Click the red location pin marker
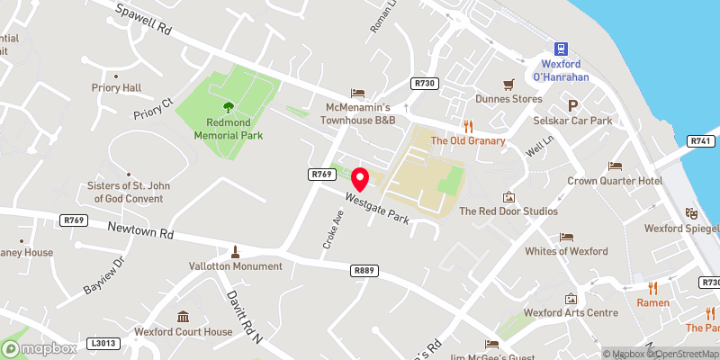360,179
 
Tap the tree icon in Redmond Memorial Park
228,105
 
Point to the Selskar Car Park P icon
572,105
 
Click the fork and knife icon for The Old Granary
467,126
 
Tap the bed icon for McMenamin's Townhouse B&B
358,93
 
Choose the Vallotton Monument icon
235,251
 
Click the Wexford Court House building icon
184,317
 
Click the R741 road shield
701,141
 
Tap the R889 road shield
364,270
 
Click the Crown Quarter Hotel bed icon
615,166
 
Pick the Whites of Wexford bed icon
566,237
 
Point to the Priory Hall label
116,88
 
